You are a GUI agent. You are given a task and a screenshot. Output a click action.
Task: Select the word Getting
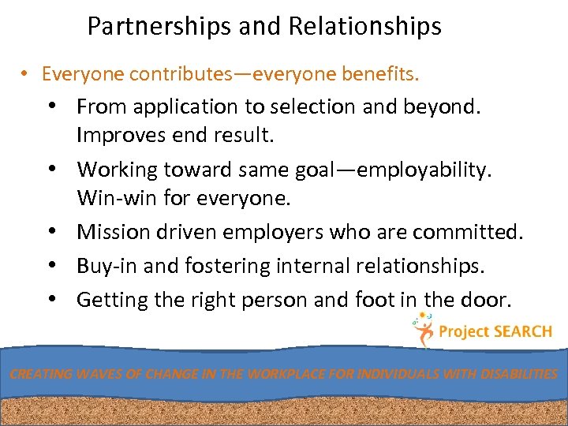[114, 300]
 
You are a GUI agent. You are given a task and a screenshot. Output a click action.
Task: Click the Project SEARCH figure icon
[422, 331]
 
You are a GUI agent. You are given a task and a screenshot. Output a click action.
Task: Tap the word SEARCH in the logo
[522, 332]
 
